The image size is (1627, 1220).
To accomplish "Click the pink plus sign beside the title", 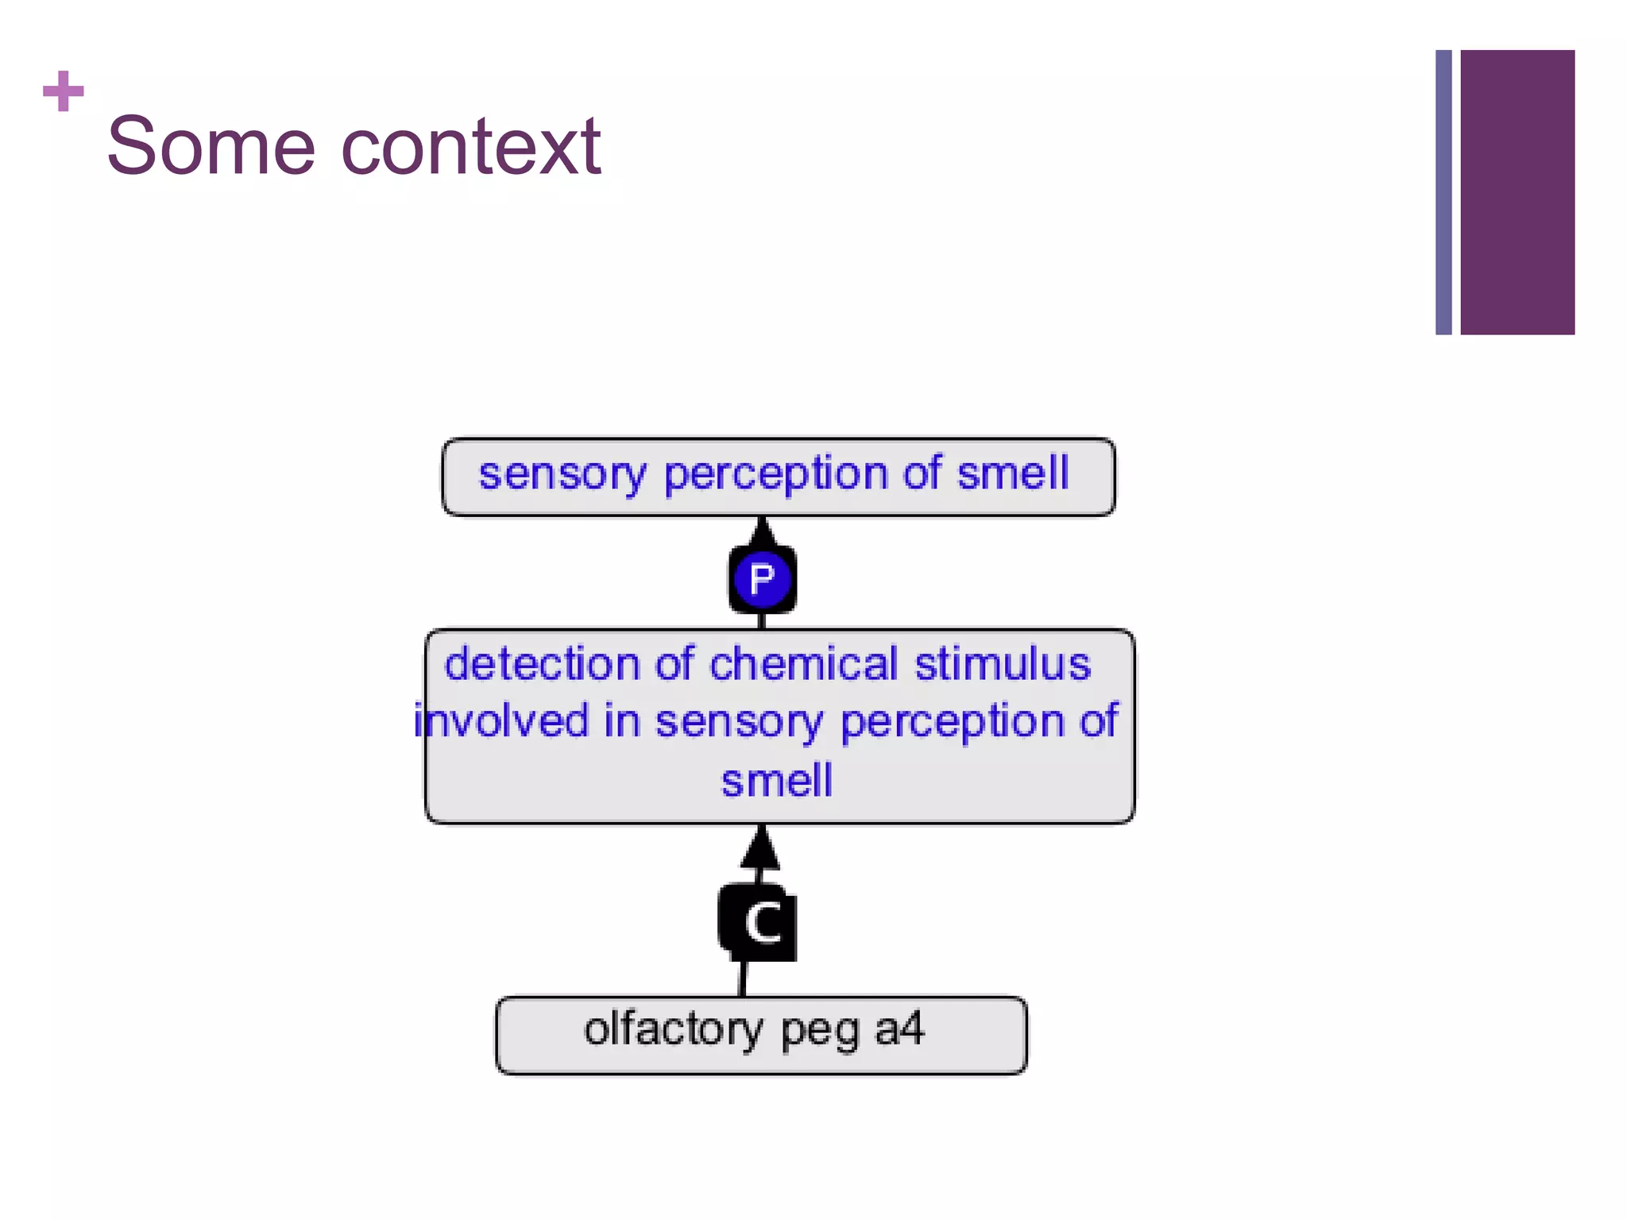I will (64, 91).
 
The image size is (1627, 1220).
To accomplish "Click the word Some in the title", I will (211, 147).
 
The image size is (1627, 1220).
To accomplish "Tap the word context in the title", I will (471, 147).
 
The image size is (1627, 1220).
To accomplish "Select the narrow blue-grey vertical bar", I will (1443, 192).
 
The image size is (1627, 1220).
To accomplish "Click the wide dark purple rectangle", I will (1517, 192).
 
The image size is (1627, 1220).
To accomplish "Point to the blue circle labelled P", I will (762, 578).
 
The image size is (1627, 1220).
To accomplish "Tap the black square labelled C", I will (759, 923).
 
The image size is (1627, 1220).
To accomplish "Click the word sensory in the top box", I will (562, 474).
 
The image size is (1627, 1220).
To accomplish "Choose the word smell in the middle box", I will (777, 780).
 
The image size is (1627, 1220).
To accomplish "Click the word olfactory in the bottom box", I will (673, 1029).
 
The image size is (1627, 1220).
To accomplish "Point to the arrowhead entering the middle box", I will (760, 848).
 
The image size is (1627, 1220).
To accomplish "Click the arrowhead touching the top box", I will (763, 531).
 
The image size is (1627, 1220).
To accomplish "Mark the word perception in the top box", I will (775, 475).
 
